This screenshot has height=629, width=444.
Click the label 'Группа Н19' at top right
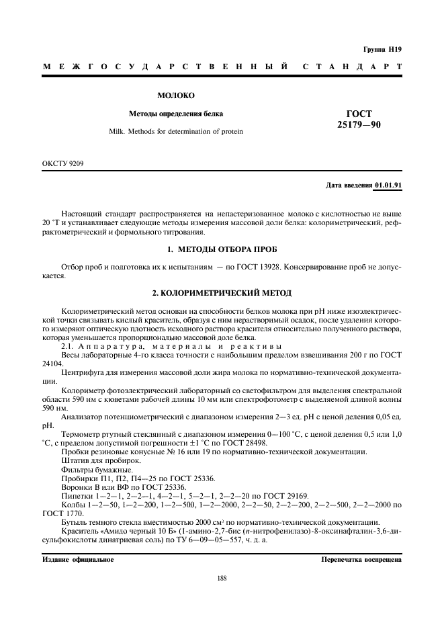click(x=382, y=49)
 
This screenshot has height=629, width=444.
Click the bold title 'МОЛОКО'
click(x=175, y=96)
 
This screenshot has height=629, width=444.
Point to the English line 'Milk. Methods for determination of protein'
click(x=175, y=131)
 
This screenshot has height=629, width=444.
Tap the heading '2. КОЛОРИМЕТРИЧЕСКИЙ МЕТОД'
click(x=221, y=294)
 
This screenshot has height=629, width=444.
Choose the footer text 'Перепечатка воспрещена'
click(x=361, y=559)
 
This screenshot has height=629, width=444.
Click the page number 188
click(x=222, y=577)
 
